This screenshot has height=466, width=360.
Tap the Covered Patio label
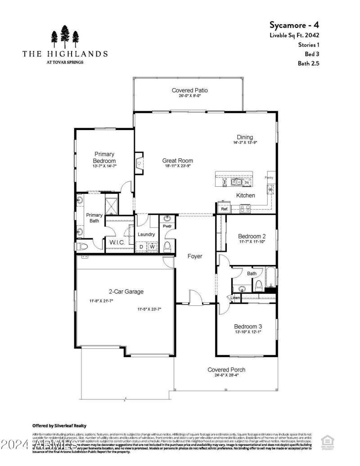[189, 90]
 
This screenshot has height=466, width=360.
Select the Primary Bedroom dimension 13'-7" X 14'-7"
[104, 166]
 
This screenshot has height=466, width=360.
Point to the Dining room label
[245, 137]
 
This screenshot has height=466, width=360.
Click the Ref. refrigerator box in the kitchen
[224, 209]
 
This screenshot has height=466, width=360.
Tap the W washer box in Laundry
[153, 247]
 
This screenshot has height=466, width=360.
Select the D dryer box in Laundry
[141, 247]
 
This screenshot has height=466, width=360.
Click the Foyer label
[195, 256]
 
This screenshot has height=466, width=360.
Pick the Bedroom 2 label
[252, 236]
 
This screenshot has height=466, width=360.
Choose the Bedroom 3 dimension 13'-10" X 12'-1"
[247, 332]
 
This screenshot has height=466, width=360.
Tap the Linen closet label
[235, 298]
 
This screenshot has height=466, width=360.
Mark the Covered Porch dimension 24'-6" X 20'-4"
[226, 376]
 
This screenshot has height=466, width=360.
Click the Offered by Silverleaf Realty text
[59, 426]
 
